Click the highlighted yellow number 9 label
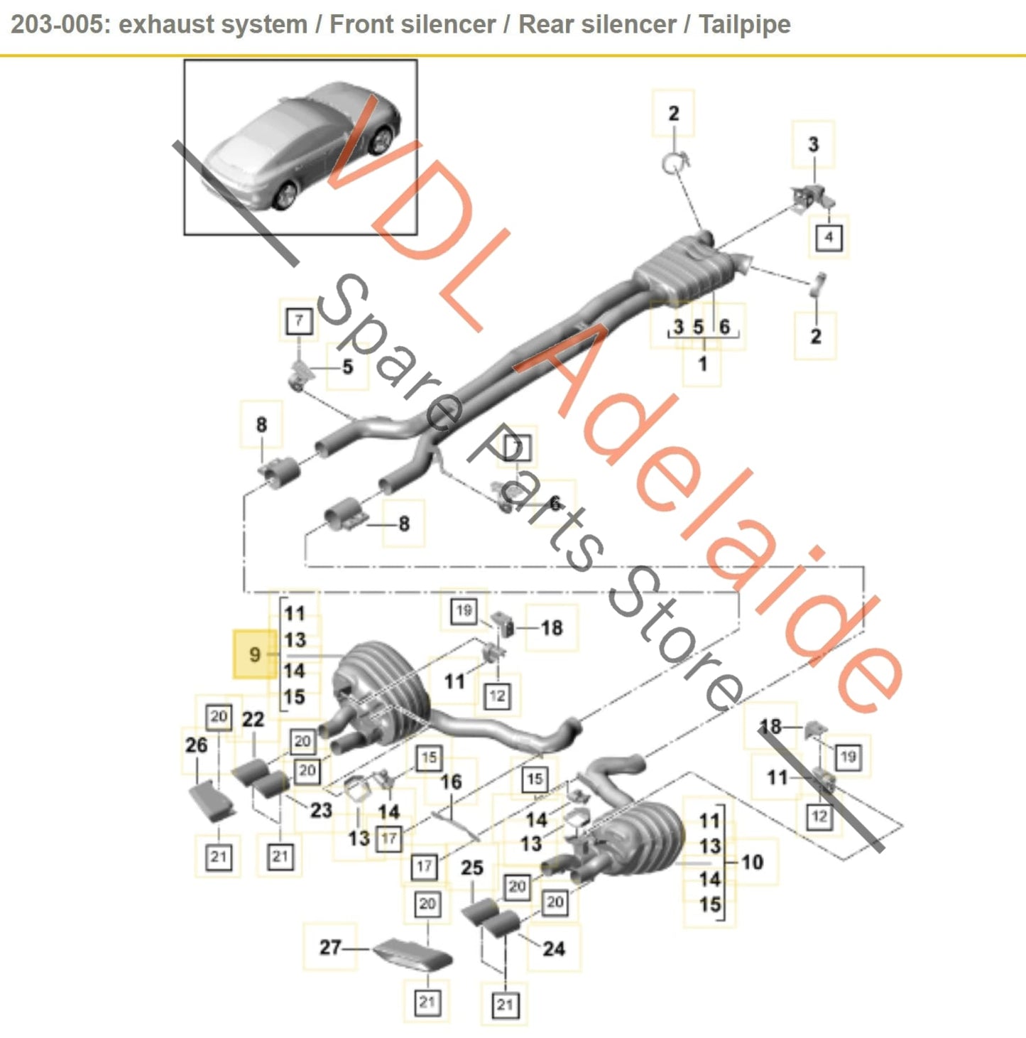255,654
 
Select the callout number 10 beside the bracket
752,862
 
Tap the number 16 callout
451,782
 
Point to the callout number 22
253,720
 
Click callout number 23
321,810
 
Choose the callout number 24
554,948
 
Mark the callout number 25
472,867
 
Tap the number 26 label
197,745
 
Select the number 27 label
330,947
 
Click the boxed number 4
828,237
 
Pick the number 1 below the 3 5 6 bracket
702,364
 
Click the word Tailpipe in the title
744,24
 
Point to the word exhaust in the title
165,24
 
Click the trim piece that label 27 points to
413,954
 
